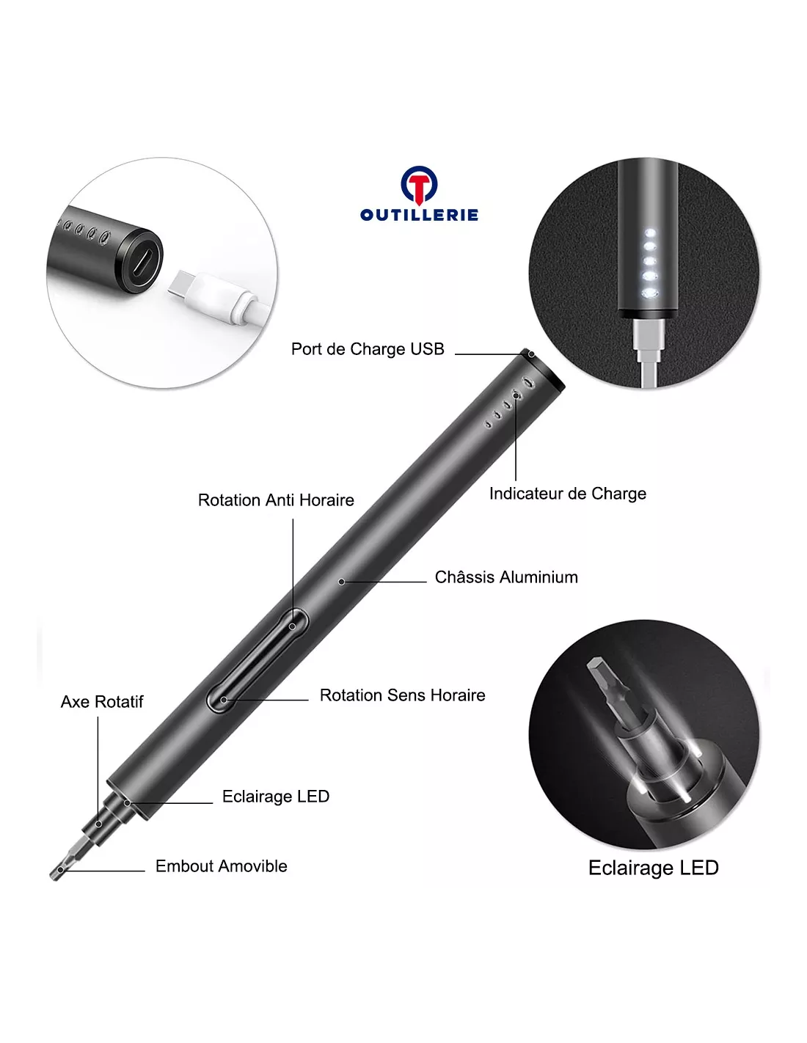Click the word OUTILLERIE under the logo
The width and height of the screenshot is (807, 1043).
419,215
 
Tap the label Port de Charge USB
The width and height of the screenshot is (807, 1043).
368,349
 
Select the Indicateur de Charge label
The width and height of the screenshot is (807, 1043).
567,494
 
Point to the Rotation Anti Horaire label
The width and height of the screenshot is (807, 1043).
276,500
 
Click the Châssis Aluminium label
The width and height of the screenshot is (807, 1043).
506,577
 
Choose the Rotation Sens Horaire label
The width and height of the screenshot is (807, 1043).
402,695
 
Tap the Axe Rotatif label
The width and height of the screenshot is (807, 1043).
102,702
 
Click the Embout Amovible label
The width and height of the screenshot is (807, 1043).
222,866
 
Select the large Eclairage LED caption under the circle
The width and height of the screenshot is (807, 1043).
654,868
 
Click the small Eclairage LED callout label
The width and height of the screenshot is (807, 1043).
276,797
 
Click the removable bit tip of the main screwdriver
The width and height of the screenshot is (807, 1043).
60,869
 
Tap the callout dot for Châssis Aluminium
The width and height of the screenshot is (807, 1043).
341,582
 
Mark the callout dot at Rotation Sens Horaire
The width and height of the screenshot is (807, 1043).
224,700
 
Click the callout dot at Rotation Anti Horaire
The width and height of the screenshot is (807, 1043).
292,627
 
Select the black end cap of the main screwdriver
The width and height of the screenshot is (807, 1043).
542,367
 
